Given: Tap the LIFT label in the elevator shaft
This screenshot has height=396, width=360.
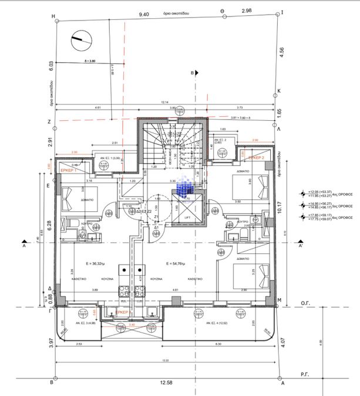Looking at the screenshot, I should point(188,216).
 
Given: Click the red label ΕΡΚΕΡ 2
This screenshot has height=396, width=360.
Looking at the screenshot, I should point(256,158).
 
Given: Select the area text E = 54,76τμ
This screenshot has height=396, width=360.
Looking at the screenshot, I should point(176,263).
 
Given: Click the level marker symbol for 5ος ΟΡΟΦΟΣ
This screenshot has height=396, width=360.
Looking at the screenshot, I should point(304,205).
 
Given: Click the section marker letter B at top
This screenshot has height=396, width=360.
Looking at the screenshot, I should point(191,72).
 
